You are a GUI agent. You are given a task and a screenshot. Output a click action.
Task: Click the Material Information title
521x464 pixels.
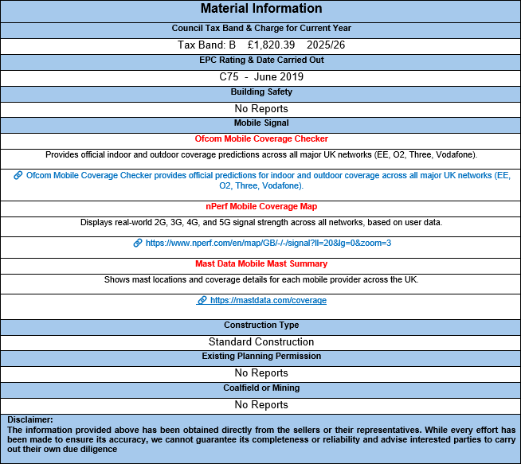coord(261,9)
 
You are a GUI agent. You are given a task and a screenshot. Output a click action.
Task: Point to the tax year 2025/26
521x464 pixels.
coord(325,45)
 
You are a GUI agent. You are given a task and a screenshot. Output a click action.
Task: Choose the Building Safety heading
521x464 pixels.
coord(261,92)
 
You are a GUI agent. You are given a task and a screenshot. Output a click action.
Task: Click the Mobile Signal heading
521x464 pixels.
coord(261,123)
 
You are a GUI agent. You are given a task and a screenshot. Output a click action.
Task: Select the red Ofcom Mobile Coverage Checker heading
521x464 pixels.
coord(261,139)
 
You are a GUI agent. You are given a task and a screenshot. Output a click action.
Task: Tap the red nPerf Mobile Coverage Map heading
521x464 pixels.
coord(261,206)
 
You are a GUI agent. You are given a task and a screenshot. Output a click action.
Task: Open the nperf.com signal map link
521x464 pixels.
coord(268,243)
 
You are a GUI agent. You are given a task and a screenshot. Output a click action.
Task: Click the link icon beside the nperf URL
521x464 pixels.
coord(138,243)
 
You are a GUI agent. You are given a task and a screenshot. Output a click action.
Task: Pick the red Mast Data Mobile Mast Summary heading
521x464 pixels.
coord(261,263)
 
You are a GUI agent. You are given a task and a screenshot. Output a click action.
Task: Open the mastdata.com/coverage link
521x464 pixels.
coord(268,300)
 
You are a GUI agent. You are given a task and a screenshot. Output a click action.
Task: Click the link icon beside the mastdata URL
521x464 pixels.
coord(202,300)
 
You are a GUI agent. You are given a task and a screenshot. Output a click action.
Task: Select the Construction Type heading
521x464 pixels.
coord(261,325)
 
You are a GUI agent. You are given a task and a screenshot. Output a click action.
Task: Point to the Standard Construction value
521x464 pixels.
coord(261,341)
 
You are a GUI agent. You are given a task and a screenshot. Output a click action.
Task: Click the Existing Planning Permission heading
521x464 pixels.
coord(261,356)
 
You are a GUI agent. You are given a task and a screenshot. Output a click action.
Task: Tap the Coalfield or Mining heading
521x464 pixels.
coord(261,388)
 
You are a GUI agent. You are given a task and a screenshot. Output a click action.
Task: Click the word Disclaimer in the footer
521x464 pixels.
coord(29,419)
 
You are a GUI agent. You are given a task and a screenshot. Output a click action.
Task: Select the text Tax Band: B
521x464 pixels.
coord(206,45)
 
